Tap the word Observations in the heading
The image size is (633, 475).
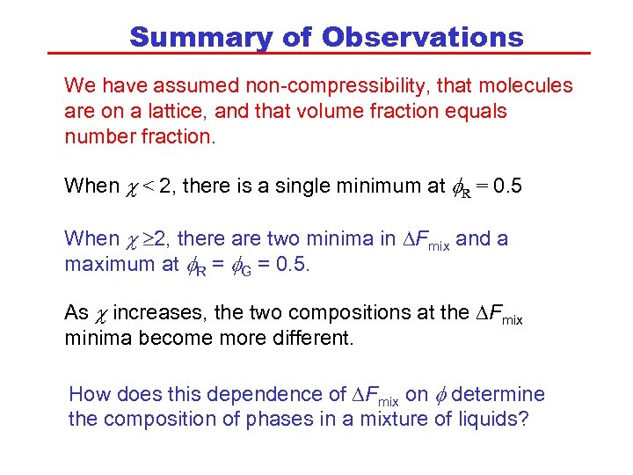423,37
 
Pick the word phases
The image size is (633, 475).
268,419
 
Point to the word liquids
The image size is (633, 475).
493,419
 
